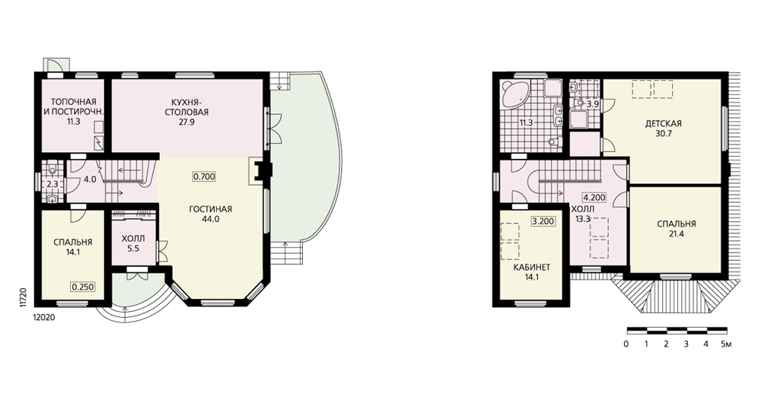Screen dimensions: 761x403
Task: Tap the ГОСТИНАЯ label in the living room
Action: coord(211,210)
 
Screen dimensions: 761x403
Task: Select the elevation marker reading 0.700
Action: coord(204,176)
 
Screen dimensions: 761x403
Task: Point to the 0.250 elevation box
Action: coord(82,287)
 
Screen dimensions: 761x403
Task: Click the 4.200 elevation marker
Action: coord(594,198)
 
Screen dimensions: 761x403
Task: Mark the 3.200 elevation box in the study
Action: coord(543,221)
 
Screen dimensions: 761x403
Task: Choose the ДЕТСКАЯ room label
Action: coord(663,124)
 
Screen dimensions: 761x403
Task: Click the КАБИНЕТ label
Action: coord(531,268)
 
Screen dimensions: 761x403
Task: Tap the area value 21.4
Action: coord(676,233)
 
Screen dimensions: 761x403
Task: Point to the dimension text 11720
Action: coord(22,297)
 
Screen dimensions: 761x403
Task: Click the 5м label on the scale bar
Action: coord(726,344)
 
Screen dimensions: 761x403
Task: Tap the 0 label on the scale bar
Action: coord(626,344)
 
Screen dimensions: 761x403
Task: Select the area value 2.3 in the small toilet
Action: coord(53,184)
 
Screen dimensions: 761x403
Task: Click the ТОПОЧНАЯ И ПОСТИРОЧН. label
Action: coord(73,106)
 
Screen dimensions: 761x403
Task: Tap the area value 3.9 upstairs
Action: coord(593,104)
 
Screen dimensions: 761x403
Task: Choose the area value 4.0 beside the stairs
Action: coord(90,179)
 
